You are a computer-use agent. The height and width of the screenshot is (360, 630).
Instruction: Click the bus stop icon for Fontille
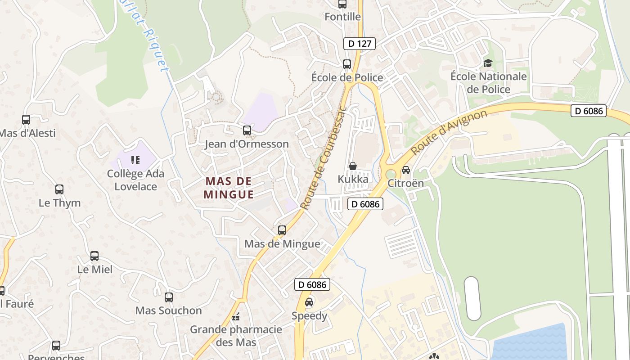point(342,4)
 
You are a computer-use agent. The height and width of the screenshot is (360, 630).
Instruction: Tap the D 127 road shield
point(359,44)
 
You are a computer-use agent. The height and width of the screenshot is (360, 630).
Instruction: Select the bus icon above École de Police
point(346,64)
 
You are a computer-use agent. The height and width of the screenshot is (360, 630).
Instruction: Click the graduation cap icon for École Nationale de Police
point(488,63)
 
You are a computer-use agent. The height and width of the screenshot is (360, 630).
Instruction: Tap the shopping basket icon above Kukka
point(353,166)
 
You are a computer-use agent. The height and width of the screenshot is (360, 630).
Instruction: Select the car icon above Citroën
point(405,170)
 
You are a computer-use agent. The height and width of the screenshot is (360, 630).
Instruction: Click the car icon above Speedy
point(309,302)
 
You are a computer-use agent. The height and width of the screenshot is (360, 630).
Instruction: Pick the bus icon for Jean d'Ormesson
point(247,130)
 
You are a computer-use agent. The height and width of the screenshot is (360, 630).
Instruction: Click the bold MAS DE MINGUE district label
point(229,188)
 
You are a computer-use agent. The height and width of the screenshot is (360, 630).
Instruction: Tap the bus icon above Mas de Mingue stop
point(282,230)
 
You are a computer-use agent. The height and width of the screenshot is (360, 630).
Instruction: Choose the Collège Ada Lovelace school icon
point(135,160)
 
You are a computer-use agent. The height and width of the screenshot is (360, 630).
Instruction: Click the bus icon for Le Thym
point(59,189)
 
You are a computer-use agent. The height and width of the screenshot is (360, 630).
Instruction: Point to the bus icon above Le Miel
point(94,256)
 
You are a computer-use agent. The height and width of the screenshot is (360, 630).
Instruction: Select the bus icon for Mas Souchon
point(169,297)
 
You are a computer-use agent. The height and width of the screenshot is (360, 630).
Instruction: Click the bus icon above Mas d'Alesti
point(26,120)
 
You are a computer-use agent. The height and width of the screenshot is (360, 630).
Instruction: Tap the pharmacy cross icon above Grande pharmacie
point(236,317)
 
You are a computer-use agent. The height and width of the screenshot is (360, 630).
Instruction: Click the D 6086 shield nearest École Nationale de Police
point(588,111)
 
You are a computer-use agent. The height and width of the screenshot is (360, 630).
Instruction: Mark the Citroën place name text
point(405,183)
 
